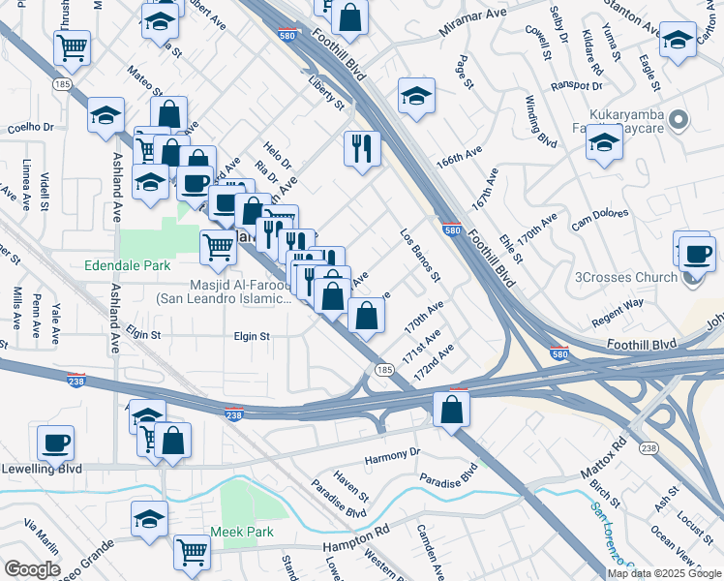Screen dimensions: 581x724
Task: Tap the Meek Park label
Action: coord(242,532)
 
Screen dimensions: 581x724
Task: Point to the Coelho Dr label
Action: coord(30,127)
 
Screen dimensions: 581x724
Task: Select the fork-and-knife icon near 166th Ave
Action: coord(362,148)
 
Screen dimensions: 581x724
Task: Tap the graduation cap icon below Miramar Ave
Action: coord(416,95)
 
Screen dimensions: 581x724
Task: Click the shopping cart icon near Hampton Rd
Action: coord(192,552)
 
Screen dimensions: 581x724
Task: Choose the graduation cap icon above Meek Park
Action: coord(149,519)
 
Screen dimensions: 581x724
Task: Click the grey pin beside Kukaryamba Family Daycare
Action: coord(679,122)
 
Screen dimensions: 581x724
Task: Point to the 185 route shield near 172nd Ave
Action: coord(383,370)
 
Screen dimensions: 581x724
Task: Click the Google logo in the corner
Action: coord(32,569)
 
